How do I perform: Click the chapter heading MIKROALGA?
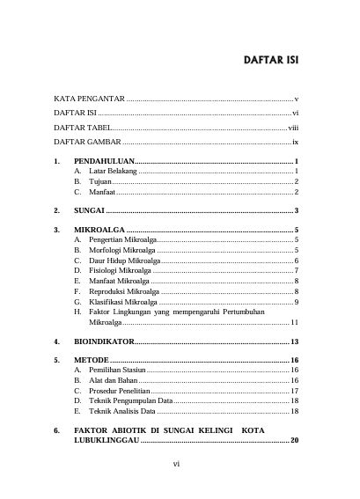pyautogui.click(x=98, y=230)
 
